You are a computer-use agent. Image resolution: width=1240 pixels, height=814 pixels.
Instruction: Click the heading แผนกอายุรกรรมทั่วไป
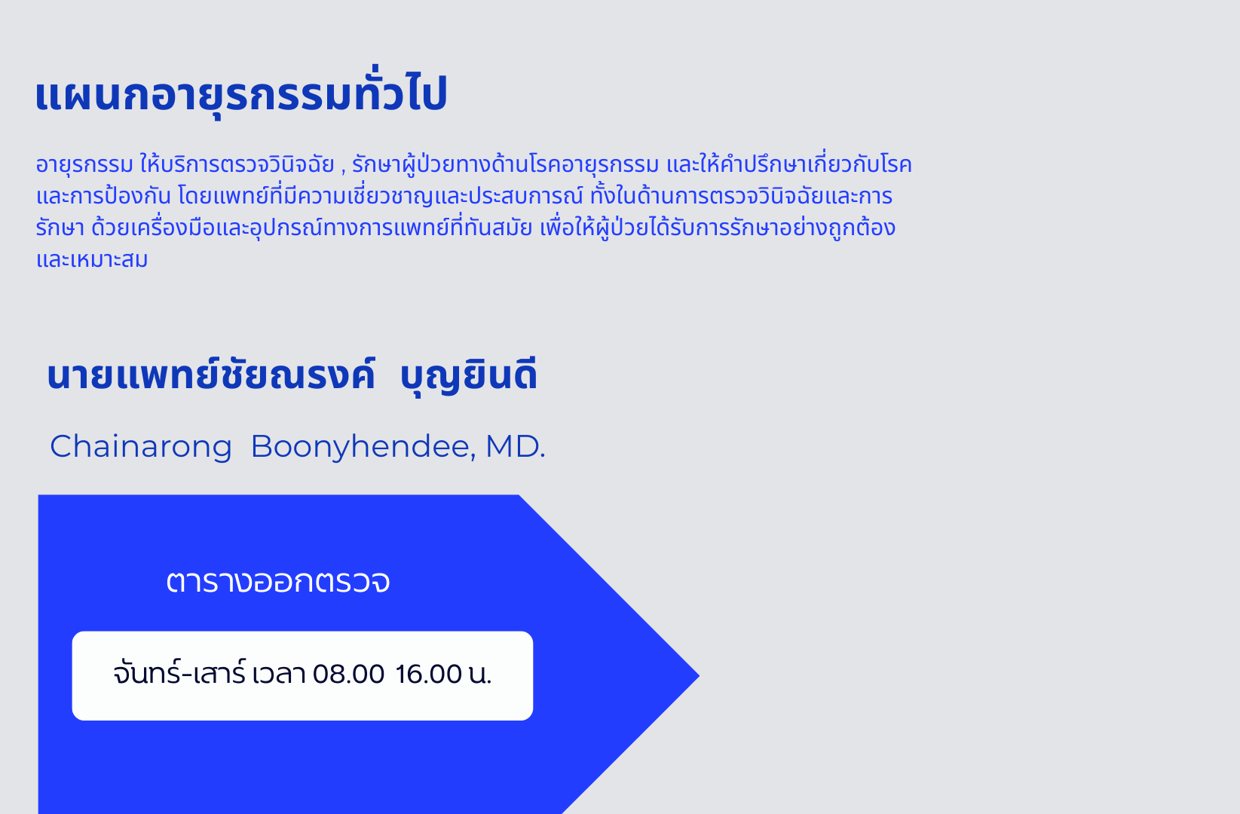(x=240, y=93)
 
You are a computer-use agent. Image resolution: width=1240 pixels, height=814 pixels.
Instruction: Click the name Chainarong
(x=141, y=446)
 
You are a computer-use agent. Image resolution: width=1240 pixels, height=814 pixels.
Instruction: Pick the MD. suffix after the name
(x=516, y=446)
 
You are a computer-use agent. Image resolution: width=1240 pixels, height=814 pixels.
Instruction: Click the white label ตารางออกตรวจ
(x=278, y=582)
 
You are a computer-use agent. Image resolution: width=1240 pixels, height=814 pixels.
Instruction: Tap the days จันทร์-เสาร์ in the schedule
(x=179, y=673)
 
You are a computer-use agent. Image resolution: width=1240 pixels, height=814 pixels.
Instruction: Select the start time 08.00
(x=348, y=674)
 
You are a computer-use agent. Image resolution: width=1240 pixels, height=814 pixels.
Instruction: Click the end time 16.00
(x=428, y=674)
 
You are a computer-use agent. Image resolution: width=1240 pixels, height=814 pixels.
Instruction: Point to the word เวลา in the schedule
(x=279, y=674)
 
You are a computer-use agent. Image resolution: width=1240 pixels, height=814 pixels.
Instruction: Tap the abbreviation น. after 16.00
(x=480, y=675)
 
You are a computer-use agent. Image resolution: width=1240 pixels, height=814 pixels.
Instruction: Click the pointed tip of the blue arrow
(x=700, y=675)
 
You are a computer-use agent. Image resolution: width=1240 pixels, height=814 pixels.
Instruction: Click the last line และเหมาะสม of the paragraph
(x=92, y=259)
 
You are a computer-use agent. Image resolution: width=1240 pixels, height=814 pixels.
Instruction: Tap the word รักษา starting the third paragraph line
(x=60, y=228)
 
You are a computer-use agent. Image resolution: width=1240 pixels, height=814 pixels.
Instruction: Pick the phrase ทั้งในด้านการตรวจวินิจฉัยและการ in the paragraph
(x=741, y=196)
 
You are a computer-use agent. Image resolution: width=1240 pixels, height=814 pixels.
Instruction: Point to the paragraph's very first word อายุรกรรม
(x=84, y=165)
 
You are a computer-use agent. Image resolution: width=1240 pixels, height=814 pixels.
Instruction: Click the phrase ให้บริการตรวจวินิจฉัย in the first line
(x=237, y=164)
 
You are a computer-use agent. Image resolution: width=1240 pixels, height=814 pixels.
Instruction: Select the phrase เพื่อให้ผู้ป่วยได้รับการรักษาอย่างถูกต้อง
(x=718, y=228)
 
